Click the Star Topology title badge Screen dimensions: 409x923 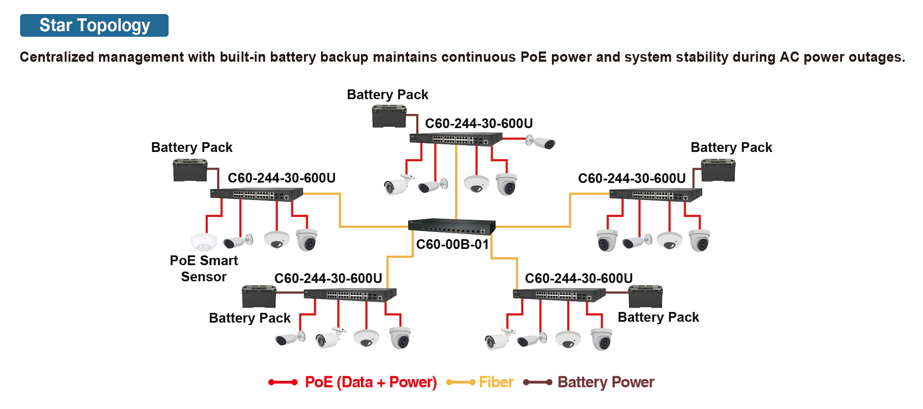[94, 26]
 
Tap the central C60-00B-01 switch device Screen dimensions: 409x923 [452, 226]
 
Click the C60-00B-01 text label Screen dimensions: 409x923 [452, 245]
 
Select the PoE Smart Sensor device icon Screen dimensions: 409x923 [204, 242]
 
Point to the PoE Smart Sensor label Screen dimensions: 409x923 [204, 269]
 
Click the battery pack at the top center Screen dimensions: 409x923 [389, 117]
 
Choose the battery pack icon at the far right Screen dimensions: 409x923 [718, 170]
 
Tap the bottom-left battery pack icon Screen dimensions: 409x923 [259, 297]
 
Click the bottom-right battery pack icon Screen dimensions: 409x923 [645, 297]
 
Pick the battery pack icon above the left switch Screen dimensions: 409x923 [190, 170]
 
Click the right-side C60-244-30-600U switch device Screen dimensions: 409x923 [656, 195]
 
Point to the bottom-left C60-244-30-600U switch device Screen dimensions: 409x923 [350, 295]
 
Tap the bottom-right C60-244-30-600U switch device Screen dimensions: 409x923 [559, 295]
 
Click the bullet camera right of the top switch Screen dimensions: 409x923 [541, 142]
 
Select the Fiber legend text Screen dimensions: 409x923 [496, 382]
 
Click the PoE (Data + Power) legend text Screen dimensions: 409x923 [371, 382]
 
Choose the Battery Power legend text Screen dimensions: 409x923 [605, 382]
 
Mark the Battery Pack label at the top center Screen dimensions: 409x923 [387, 94]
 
